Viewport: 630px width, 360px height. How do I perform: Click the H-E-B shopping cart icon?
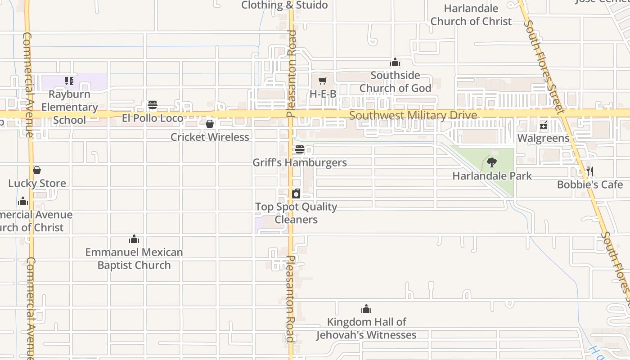pyautogui.click(x=322, y=81)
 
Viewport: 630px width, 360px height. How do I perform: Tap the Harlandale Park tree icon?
pyautogui.click(x=492, y=162)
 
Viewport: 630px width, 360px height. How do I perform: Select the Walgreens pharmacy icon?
pyautogui.click(x=544, y=125)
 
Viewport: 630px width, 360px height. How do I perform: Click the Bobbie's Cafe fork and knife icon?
pyautogui.click(x=590, y=171)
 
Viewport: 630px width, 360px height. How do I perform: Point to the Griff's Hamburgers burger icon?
pyautogui.click(x=300, y=149)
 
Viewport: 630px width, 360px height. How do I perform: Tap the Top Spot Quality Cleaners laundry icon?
pyautogui.click(x=296, y=194)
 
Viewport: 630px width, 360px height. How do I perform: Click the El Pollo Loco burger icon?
pyautogui.click(x=153, y=105)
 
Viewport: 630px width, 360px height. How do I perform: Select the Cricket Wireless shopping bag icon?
pyautogui.click(x=210, y=124)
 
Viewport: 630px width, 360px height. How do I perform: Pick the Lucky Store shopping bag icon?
pyautogui.click(x=37, y=170)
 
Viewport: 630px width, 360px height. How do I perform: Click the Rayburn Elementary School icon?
pyautogui.click(x=69, y=81)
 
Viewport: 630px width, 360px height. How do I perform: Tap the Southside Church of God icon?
pyautogui.click(x=395, y=63)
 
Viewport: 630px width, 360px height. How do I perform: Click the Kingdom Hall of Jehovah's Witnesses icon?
pyautogui.click(x=366, y=309)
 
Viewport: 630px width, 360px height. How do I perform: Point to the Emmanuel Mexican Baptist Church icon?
pyautogui.click(x=134, y=239)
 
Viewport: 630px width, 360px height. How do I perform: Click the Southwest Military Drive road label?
pyautogui.click(x=413, y=116)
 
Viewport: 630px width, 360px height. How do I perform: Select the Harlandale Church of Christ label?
pyautogui.click(x=471, y=15)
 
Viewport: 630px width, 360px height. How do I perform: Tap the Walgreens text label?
pyautogui.click(x=543, y=138)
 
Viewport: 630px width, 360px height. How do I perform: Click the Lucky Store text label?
pyautogui.click(x=37, y=183)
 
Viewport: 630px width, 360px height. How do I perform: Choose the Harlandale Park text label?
pyautogui.click(x=492, y=176)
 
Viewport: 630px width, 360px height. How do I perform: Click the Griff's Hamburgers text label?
pyautogui.click(x=300, y=162)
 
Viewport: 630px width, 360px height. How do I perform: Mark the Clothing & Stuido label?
pyautogui.click(x=284, y=5)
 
